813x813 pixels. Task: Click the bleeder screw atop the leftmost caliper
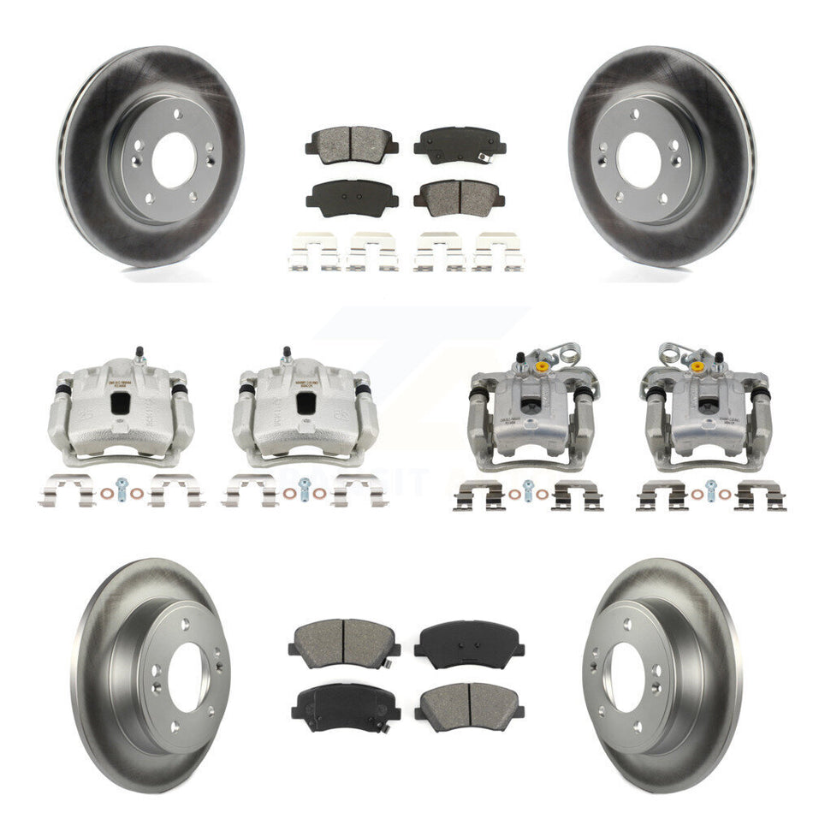[139, 353]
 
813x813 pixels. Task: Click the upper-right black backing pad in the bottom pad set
[469, 644]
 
